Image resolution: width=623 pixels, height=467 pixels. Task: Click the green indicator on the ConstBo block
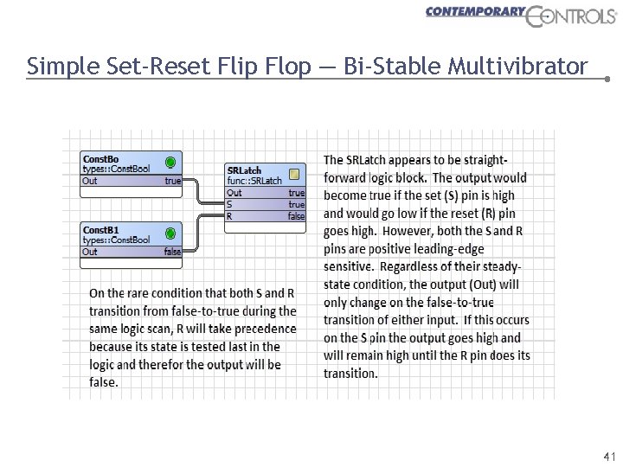pos(170,162)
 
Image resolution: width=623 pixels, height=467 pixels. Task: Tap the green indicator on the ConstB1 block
pos(170,232)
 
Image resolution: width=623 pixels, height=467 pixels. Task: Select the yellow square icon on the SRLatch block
pos(294,173)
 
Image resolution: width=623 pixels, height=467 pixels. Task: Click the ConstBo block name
pos(100,159)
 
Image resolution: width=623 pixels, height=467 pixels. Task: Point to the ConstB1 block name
pos(100,229)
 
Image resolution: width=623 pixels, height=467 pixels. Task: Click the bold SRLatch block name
pos(244,170)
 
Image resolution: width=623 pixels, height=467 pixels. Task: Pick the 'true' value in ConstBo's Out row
pos(173,182)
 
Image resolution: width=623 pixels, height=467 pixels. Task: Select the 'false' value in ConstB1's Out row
pos(172,252)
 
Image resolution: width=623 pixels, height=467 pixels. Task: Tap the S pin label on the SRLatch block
pos(229,205)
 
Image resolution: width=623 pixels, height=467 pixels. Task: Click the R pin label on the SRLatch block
pos(229,216)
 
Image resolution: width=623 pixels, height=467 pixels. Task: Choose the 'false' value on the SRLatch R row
pos(296,216)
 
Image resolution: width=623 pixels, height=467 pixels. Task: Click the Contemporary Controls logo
pos(520,15)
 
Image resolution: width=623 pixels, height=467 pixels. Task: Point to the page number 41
pos(609,456)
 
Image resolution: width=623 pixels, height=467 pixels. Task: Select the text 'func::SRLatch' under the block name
pos(254,181)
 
